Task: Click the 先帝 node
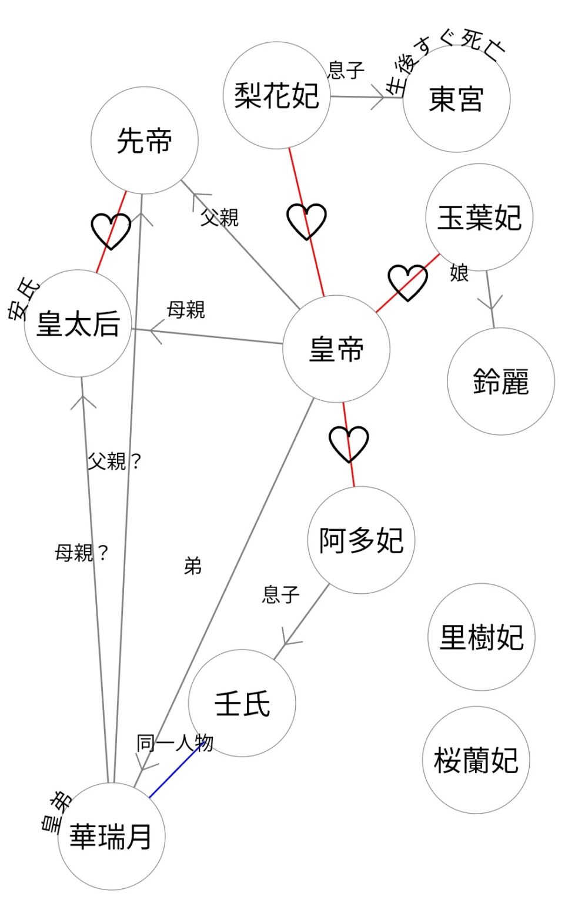145,141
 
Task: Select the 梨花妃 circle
276,95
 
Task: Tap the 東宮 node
456,99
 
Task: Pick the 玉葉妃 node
479,218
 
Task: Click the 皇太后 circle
78,323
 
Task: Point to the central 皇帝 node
336,349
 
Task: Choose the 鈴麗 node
501,382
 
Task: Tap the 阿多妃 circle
361,540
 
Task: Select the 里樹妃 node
482,637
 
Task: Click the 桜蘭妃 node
476,760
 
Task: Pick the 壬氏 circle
242,703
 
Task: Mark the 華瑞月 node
111,836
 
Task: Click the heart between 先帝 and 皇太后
111,230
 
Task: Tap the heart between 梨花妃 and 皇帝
306,221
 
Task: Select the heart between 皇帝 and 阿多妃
349,444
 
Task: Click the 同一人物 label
175,743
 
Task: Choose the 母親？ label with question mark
82,553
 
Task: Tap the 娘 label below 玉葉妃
459,273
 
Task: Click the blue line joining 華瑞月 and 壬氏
176,772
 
